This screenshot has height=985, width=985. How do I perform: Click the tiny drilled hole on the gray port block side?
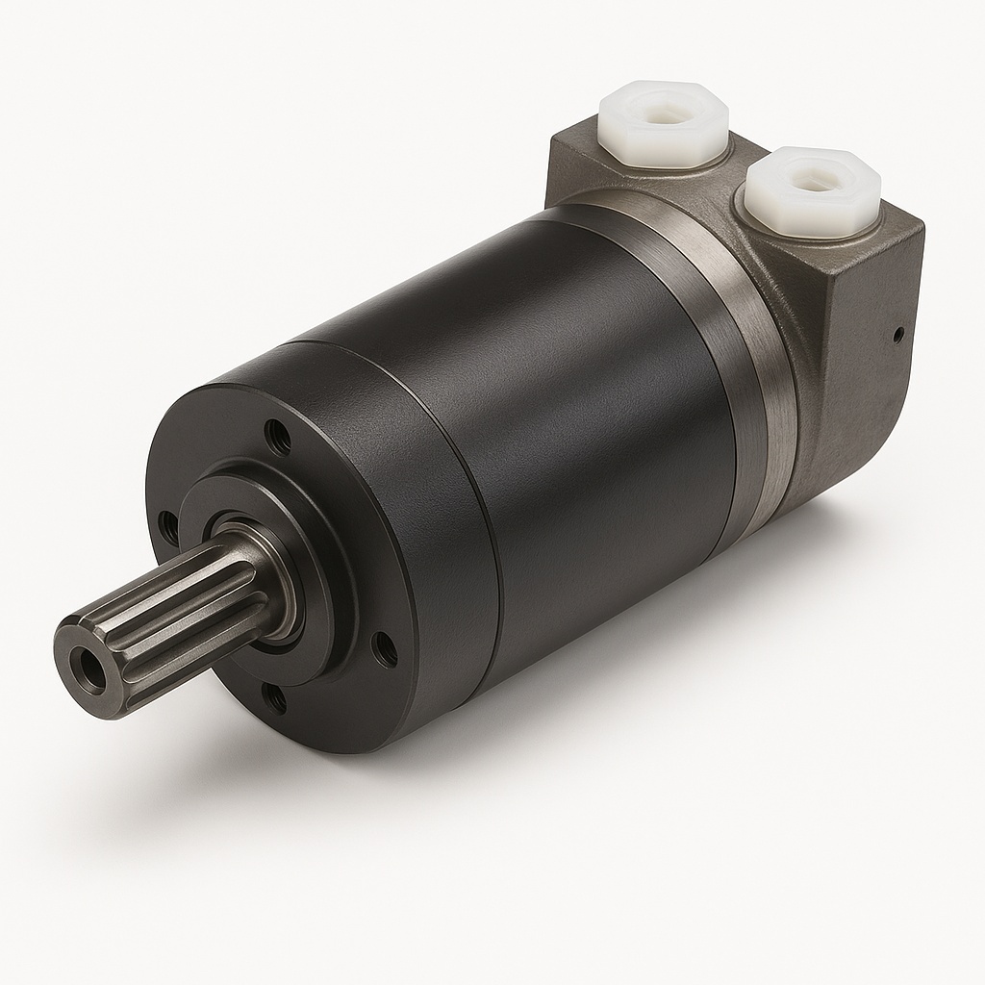[x=897, y=335]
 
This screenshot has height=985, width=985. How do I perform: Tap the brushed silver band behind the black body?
[x=760, y=366]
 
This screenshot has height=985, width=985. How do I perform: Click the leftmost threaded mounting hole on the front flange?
[x=169, y=526]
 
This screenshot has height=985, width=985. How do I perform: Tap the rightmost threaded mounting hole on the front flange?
[x=384, y=651]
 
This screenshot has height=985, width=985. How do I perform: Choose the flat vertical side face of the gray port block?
[x=866, y=385]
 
